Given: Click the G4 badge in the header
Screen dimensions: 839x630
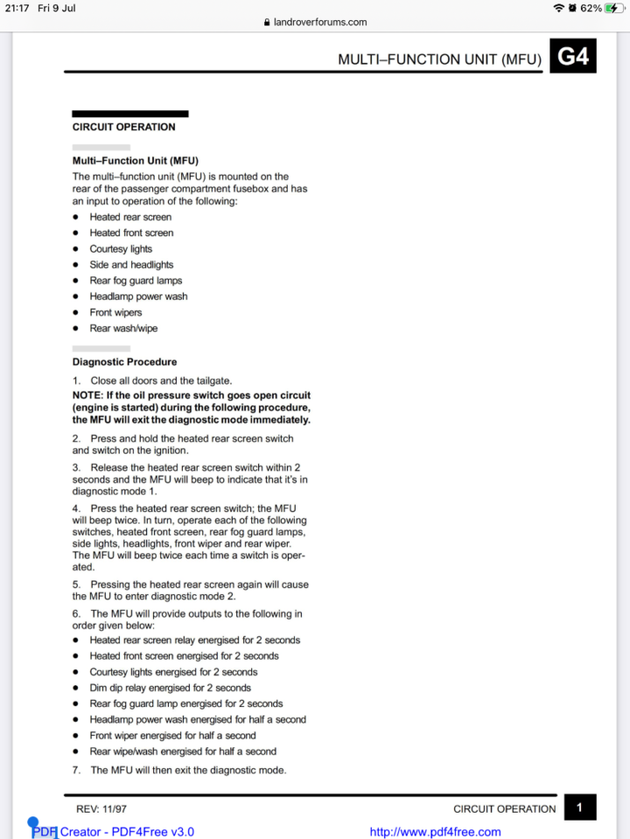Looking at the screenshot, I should tap(573, 57).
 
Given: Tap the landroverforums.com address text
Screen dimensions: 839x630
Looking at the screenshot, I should tap(320, 23).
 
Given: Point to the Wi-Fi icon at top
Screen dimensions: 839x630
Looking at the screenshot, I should tap(558, 8).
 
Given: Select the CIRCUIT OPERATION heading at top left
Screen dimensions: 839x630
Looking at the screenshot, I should tap(123, 127).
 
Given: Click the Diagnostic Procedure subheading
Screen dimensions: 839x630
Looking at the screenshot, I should tap(124, 362).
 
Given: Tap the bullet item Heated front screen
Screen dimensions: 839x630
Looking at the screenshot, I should tap(131, 233).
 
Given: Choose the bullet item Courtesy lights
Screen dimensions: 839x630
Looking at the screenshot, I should tap(121, 249).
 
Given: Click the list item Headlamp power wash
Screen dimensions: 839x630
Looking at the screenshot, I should tap(138, 296).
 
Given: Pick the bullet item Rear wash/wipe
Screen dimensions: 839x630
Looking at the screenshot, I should tap(123, 329).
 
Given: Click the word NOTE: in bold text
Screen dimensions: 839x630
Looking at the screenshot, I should tap(87, 395).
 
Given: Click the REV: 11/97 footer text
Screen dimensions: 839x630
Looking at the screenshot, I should tap(101, 809).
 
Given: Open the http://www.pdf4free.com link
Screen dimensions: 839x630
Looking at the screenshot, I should tap(435, 832).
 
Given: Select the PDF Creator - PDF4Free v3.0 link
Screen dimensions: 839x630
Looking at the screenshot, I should tap(114, 832).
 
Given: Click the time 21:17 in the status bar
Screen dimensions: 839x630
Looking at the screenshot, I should tap(16, 8).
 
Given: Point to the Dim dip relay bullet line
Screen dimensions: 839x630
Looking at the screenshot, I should tap(170, 688).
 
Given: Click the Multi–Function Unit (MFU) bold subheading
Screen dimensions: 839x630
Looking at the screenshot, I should tap(135, 161).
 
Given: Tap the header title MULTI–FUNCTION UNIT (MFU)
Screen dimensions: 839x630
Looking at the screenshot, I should tap(439, 59).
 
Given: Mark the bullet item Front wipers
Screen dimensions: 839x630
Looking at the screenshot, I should tap(115, 313).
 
